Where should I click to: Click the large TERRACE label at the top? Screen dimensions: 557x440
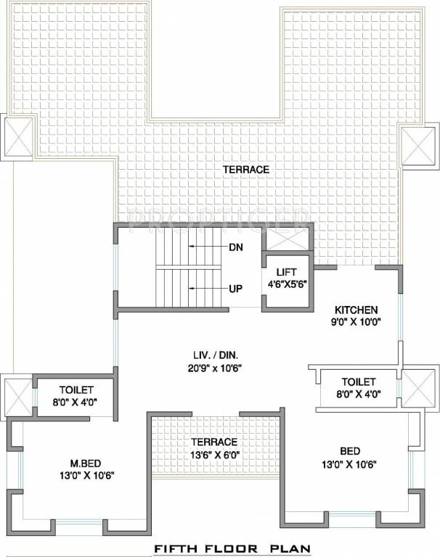(246, 169)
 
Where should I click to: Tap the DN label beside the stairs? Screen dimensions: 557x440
(235, 247)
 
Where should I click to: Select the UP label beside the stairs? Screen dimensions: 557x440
(235, 288)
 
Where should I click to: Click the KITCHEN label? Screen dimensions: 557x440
(357, 309)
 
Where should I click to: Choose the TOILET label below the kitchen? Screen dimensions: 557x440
(358, 381)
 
